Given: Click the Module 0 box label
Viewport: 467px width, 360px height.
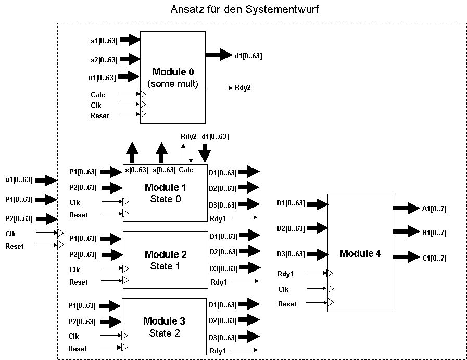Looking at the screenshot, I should coord(173,72).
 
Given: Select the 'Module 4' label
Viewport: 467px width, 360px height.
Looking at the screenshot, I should coord(360,254).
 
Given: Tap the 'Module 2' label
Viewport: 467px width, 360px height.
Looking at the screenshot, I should coord(165,254).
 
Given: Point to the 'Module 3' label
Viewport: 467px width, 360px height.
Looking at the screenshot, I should coord(164,321).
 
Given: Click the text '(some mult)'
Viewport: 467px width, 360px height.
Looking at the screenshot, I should coord(173,84).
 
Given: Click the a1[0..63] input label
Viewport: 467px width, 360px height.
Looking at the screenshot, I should coord(104,40).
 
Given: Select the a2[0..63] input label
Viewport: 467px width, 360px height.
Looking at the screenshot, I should coord(104,60).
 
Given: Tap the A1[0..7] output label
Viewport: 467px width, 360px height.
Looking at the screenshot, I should coord(434,209).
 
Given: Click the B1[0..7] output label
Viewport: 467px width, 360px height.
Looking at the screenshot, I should coord(434,233).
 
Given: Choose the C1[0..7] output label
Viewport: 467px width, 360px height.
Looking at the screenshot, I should coord(434,258).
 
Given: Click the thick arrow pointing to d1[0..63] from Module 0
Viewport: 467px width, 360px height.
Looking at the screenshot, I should coord(219,55).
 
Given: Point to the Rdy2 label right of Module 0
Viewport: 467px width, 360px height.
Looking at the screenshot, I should coord(243,88).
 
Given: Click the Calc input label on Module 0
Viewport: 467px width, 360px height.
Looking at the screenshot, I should coord(98,95).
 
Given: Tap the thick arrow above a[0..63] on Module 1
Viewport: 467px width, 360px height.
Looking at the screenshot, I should coord(162,152).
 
